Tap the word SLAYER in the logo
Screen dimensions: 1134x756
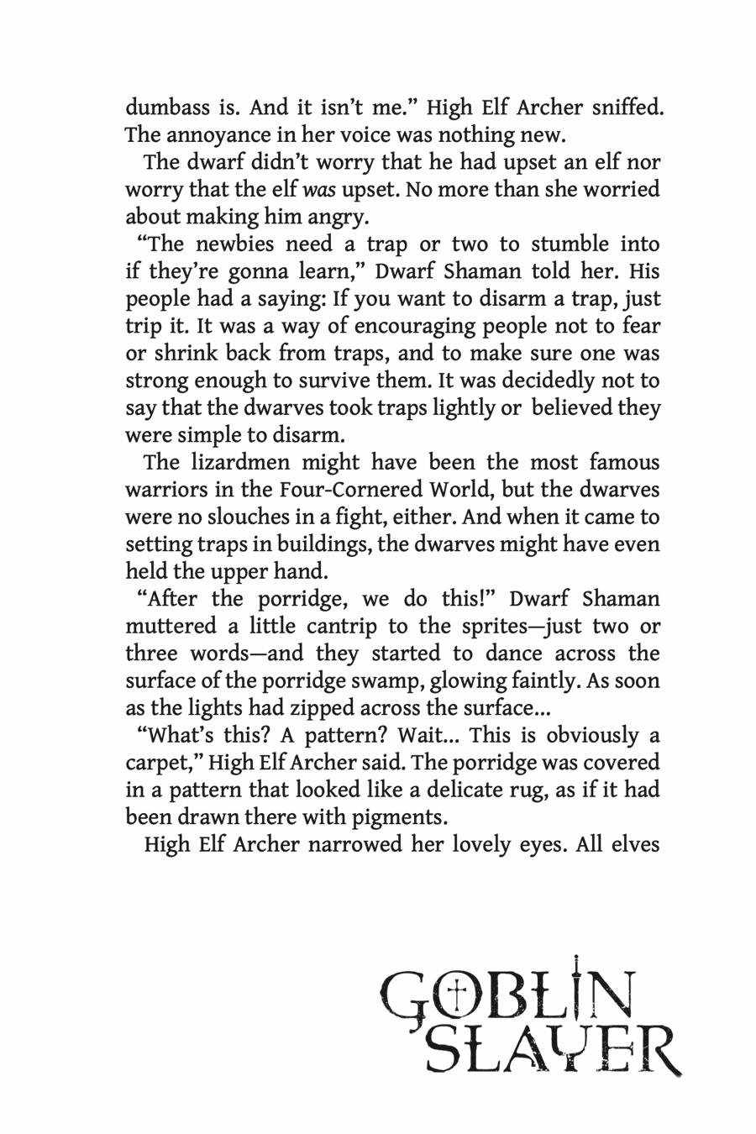(552, 1047)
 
